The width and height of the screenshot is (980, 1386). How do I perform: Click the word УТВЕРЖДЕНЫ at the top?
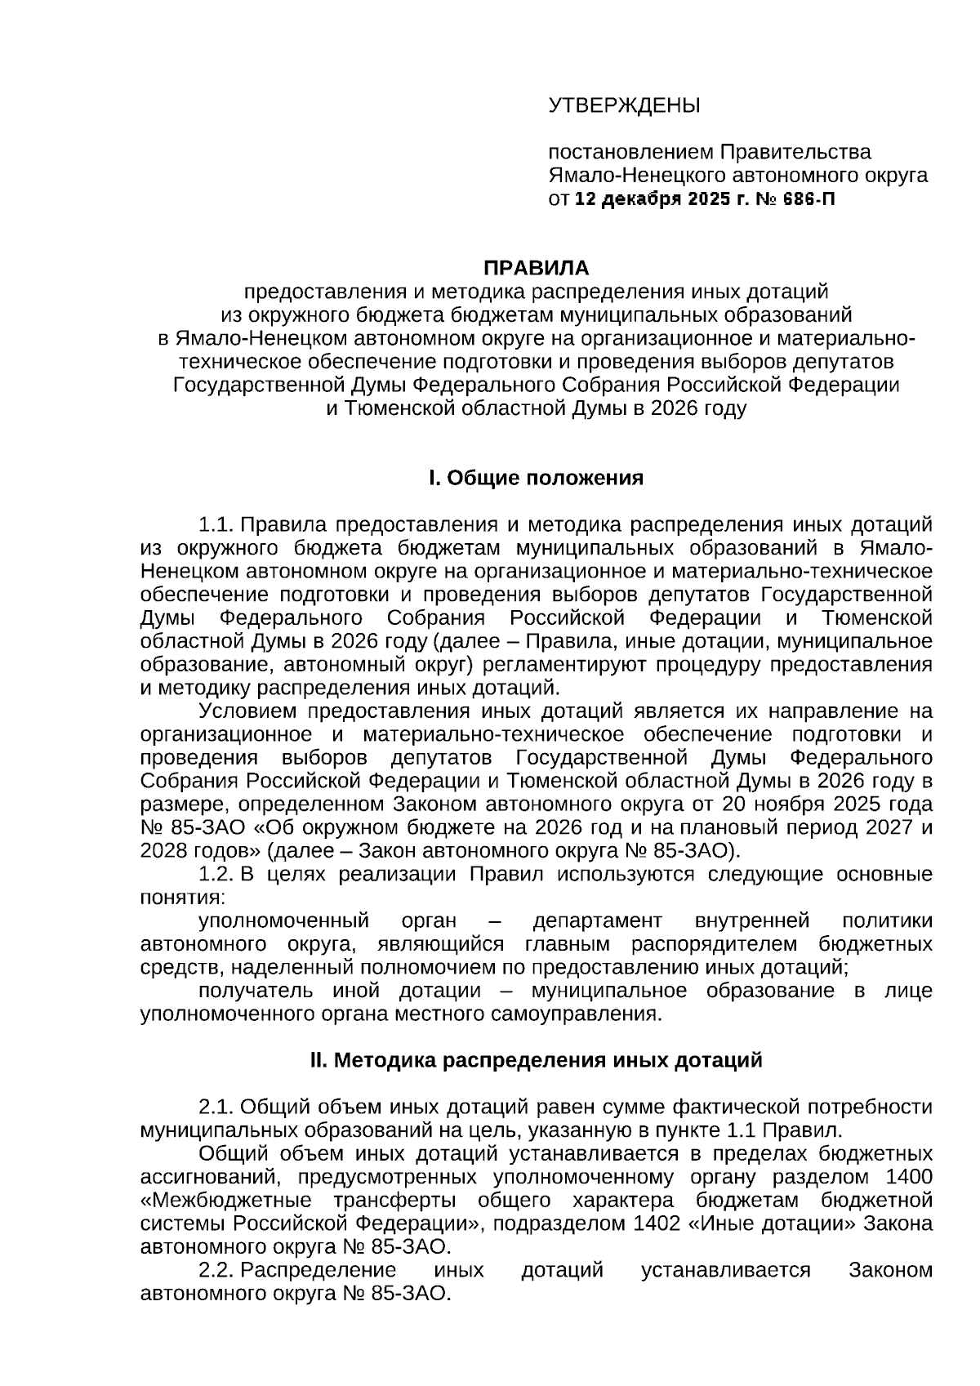coord(624,105)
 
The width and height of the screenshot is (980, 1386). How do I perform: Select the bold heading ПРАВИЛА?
coord(536,269)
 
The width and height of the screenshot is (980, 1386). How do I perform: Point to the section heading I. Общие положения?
coord(536,478)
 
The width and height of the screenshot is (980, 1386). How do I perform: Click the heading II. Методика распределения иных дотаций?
coord(536,1061)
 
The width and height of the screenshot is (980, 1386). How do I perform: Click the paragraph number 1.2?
coord(216,875)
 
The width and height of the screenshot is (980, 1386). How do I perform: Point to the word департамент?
coord(597,921)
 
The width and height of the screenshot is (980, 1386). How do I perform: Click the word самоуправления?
coord(576,1015)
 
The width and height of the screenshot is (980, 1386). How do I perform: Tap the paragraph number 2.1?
coord(216,1107)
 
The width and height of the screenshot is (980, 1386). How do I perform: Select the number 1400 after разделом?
coord(908,1178)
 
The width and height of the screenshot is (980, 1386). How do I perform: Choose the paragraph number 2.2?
coord(216,1271)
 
